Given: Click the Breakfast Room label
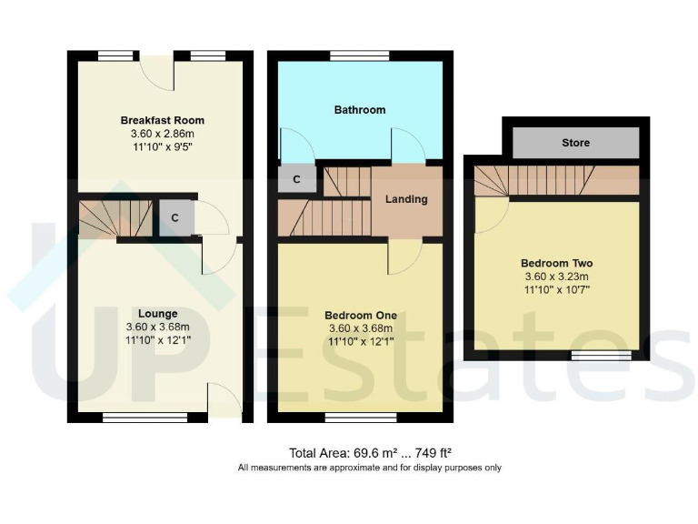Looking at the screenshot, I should tap(163, 120).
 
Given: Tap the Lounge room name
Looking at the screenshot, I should tap(158, 314).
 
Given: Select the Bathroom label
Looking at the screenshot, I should tap(360, 110).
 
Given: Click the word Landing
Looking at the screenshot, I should tap(407, 199).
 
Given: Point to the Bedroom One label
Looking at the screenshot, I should tap(361, 315).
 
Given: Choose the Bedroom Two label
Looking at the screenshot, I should tap(558, 264).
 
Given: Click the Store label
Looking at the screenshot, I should tap(575, 143).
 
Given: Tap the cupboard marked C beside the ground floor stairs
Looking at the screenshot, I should tap(174, 218).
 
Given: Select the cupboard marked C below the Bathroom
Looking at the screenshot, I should tap(296, 180).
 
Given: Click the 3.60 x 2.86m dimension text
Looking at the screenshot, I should tap(163, 135).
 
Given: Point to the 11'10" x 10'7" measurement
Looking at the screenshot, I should tap(558, 290).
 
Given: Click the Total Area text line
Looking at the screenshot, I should tap(371, 453).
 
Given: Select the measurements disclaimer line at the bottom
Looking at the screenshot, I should tap(369, 468).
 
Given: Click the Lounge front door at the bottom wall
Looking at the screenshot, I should tap(224, 402).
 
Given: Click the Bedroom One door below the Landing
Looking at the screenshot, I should tap(402, 257).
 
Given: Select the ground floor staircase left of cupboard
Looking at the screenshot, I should tap(114, 219).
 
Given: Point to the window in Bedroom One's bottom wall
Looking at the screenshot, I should tap(348, 417).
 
